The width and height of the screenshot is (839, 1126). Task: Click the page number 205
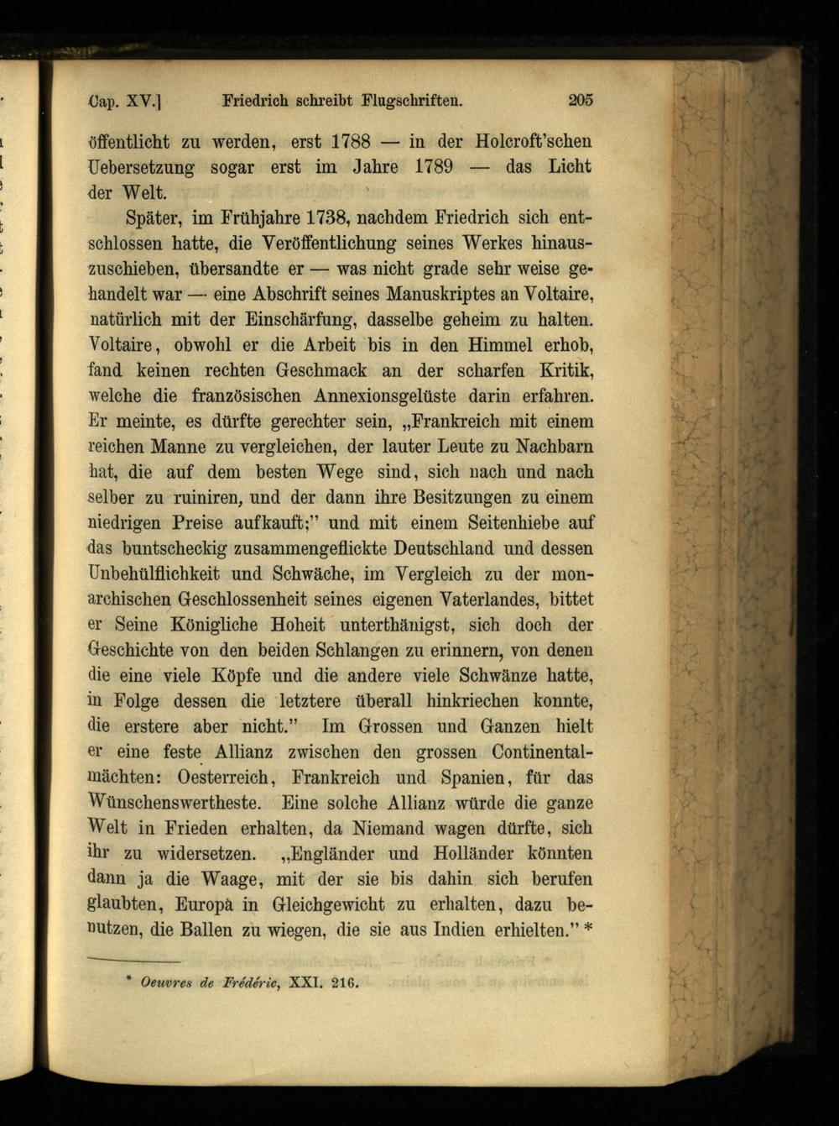tap(580, 100)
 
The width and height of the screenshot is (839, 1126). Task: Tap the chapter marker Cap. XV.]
tap(124, 102)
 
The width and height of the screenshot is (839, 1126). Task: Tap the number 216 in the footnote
tap(343, 982)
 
